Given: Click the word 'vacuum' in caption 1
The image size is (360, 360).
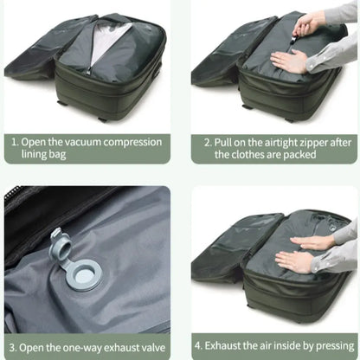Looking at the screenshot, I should (91, 139).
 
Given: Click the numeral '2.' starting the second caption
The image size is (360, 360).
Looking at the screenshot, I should (208, 139).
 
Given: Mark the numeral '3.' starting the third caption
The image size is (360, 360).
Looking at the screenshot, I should (14, 345).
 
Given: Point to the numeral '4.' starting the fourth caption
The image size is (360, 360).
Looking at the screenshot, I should (209, 345).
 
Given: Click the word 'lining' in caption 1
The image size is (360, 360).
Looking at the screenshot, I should (35, 154).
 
